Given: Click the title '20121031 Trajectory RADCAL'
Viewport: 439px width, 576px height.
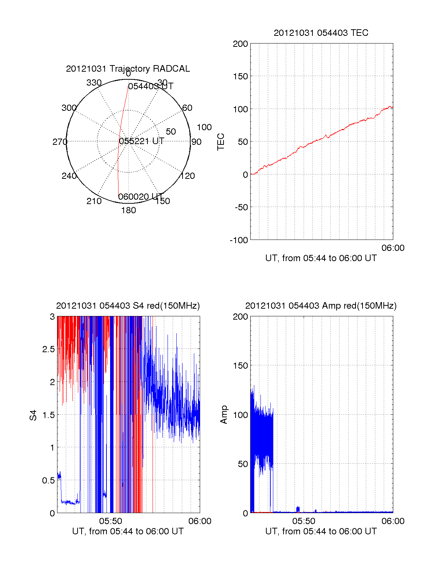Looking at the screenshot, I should pyautogui.click(x=128, y=69).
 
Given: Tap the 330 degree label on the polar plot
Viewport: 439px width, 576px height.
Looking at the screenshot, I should pyautogui.click(x=94, y=83).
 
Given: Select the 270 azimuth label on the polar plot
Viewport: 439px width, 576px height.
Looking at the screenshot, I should pyautogui.click(x=60, y=142).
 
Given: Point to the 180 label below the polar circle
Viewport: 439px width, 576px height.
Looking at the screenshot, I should pyautogui.click(x=128, y=210).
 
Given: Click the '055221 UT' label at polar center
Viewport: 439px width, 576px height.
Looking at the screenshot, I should pyautogui.click(x=142, y=141).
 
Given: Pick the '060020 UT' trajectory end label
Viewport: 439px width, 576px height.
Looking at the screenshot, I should pyautogui.click(x=140, y=197).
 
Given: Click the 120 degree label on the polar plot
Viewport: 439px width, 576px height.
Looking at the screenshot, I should pyautogui.click(x=188, y=176).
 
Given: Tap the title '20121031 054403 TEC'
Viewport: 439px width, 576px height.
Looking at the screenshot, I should pyautogui.click(x=321, y=33).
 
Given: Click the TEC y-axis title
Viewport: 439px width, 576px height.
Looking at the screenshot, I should pyautogui.click(x=221, y=142).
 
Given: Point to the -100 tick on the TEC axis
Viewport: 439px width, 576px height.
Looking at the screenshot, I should pyautogui.click(x=239, y=240).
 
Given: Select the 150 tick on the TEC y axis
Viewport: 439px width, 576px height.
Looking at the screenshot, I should pyautogui.click(x=240, y=76).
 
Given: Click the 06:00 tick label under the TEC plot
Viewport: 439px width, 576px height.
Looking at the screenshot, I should pyautogui.click(x=393, y=248).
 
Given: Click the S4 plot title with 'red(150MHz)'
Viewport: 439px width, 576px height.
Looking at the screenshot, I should pyautogui.click(x=128, y=306).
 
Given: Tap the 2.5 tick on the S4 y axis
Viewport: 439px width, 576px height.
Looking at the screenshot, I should pyautogui.click(x=49, y=349).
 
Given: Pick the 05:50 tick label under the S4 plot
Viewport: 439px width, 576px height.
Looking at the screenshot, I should pyautogui.click(x=110, y=521).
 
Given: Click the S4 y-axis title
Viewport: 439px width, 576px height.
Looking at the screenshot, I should pyautogui.click(x=33, y=415).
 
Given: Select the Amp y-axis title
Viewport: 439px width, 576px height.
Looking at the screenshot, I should pyautogui.click(x=224, y=415).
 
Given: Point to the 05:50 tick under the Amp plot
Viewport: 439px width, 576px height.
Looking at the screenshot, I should pyautogui.click(x=304, y=521).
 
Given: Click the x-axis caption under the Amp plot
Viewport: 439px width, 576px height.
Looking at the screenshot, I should pyautogui.click(x=321, y=531).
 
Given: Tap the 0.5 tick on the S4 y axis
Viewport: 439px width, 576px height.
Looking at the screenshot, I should pyautogui.click(x=49, y=481).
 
